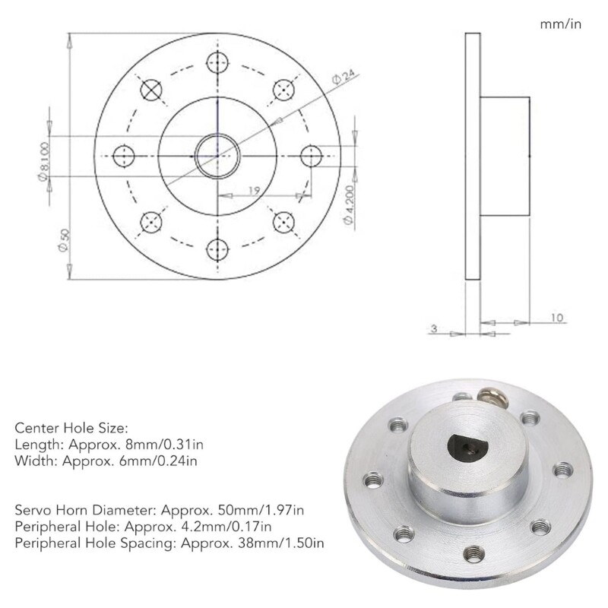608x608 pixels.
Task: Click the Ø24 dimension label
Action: (x=344, y=77)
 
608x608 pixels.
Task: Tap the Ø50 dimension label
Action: (x=65, y=242)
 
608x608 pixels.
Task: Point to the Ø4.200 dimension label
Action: (x=348, y=204)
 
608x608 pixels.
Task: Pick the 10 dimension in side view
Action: (x=557, y=318)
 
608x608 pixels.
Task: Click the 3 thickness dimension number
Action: (x=433, y=328)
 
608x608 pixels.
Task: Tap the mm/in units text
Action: (x=560, y=24)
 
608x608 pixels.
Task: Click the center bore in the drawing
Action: (x=217, y=156)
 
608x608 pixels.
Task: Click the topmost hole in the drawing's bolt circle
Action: (x=217, y=63)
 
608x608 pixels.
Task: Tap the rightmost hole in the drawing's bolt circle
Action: (x=311, y=156)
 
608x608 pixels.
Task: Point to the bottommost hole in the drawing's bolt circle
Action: (x=217, y=249)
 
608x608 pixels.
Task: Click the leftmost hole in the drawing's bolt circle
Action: (x=124, y=156)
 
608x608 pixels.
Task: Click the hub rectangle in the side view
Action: (x=505, y=156)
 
